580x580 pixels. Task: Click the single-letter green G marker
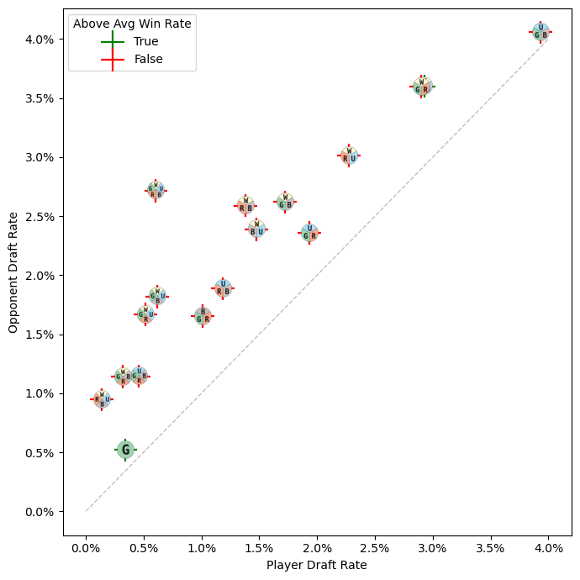(125, 450)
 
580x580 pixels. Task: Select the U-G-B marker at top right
(540, 32)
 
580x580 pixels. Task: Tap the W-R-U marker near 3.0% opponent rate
(349, 156)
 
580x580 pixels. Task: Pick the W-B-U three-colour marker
(256, 229)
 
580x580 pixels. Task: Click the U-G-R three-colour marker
(309, 233)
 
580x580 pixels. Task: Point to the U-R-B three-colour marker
(223, 288)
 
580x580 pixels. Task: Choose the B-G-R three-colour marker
(203, 316)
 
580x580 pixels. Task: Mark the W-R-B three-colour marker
(245, 205)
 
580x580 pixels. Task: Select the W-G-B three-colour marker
(285, 202)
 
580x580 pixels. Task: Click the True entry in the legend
(145, 41)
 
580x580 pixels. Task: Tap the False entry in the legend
(148, 60)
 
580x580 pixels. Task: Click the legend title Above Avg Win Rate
(132, 24)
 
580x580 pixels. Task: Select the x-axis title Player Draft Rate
(317, 565)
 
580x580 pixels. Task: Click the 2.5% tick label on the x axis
(374, 546)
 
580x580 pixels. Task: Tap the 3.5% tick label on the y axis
(37, 98)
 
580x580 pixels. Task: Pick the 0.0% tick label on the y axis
(37, 511)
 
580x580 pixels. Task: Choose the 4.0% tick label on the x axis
(548, 546)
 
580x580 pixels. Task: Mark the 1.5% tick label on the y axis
(37, 335)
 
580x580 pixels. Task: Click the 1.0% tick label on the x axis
(202, 546)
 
